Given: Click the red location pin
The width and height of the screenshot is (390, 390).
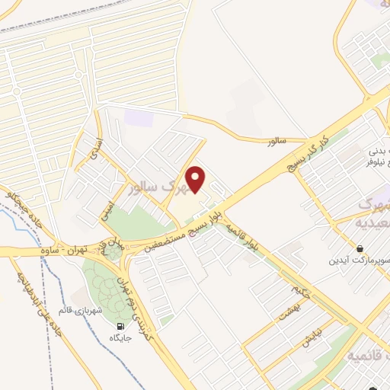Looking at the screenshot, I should (197, 179).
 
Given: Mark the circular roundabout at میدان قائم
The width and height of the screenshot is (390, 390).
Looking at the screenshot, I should (113, 252).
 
